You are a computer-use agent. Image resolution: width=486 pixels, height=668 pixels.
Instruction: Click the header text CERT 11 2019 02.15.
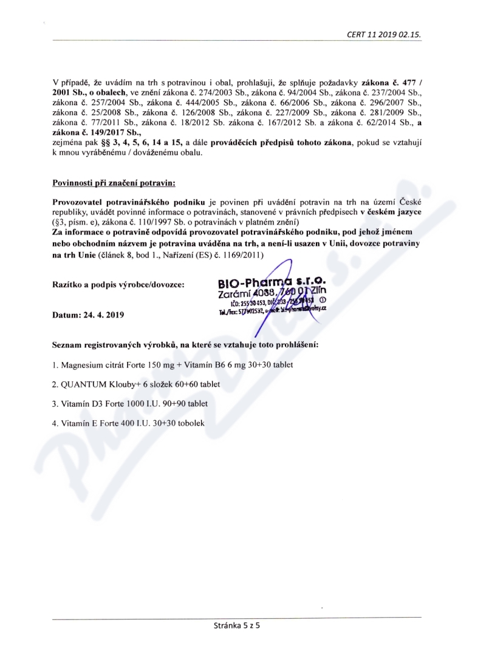383,35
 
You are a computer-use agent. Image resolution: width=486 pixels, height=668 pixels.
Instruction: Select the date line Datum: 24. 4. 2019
89,315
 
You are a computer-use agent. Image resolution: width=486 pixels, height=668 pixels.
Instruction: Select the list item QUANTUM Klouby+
136,384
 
